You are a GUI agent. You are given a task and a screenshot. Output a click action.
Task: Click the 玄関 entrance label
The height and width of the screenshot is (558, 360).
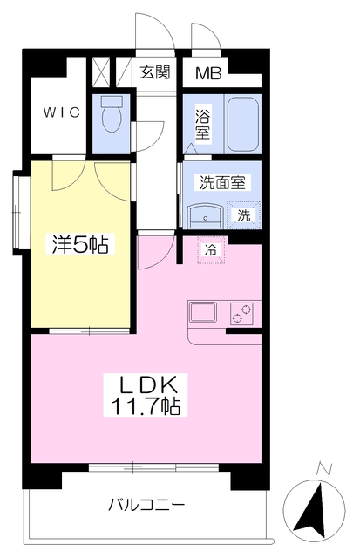coord(155,72)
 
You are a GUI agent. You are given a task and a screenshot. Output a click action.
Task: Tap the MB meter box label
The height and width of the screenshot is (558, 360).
coord(209,73)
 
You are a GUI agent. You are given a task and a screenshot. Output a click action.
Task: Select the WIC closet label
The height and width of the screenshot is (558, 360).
coord(62,112)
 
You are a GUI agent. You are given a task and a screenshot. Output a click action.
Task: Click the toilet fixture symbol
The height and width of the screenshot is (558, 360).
coord(111,114)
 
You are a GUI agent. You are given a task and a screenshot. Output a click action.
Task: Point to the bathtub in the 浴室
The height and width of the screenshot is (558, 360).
coord(243,123)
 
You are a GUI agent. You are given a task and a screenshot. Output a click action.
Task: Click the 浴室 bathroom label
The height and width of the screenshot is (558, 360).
coord(202,122)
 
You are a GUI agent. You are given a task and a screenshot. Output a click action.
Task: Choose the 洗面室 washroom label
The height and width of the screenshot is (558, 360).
coord(222,182)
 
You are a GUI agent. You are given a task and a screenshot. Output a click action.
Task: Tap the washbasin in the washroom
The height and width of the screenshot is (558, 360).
coord(206,216)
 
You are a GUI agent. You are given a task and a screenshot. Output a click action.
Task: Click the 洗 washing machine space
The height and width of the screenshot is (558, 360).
coord(244,215)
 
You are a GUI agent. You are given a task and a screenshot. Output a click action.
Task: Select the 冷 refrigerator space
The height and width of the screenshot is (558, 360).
coord(211,250)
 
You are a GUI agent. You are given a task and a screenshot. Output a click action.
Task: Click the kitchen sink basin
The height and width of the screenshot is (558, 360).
coord(202,311)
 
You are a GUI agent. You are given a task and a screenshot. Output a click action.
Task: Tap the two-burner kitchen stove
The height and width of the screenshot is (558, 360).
coord(242,314)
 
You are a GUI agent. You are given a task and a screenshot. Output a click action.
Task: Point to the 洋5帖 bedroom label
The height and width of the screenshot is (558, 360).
coord(80,244)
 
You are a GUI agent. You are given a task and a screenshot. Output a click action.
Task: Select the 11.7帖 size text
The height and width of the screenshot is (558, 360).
coord(146,405)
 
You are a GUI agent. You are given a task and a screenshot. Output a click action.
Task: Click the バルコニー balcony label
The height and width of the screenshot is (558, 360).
coord(146,505)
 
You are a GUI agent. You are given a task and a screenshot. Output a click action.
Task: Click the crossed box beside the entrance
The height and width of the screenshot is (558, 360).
coord(101,71)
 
